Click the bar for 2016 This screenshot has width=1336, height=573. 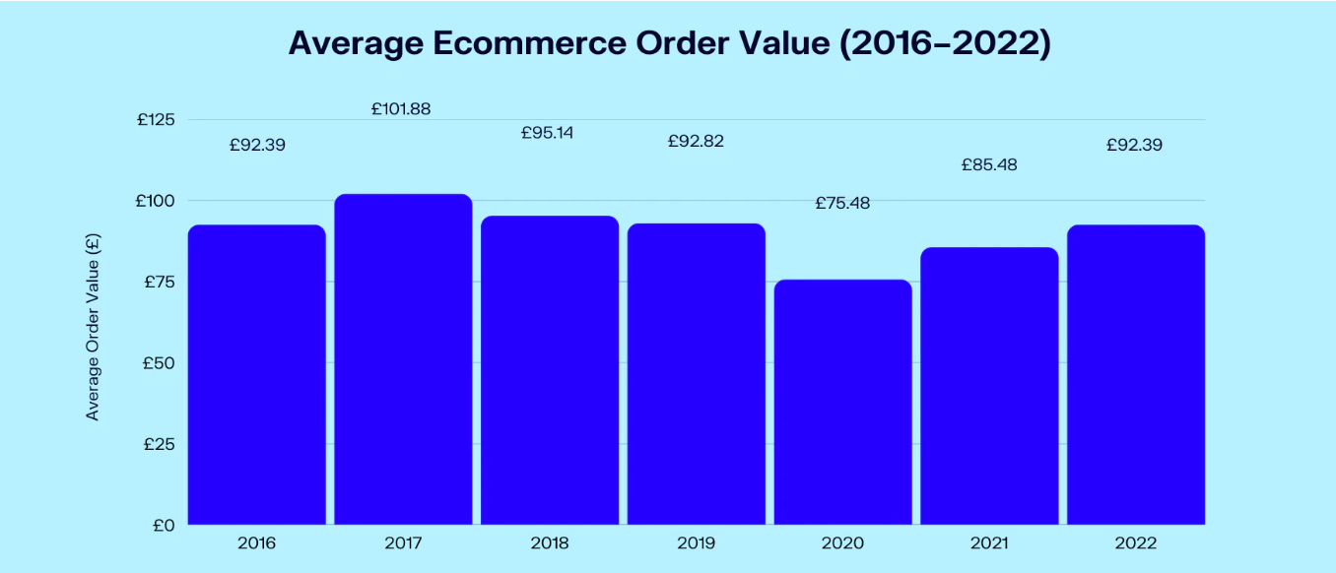(256, 374)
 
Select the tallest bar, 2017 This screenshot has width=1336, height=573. (403, 359)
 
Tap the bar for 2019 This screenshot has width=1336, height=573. (696, 374)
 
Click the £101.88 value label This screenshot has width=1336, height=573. (401, 109)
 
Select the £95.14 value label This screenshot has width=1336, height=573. (547, 133)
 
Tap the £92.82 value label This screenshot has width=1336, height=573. (696, 141)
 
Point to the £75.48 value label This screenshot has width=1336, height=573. (842, 203)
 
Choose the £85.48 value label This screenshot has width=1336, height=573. (989, 164)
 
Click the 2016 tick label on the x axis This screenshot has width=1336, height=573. (256, 543)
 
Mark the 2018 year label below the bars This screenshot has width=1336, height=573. (549, 543)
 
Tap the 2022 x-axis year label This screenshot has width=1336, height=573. (1136, 543)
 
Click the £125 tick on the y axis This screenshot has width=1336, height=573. (156, 120)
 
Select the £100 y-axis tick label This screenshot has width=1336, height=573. (156, 201)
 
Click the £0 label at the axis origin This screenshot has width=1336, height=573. (164, 526)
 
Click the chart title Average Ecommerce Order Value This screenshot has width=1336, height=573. (669, 44)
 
